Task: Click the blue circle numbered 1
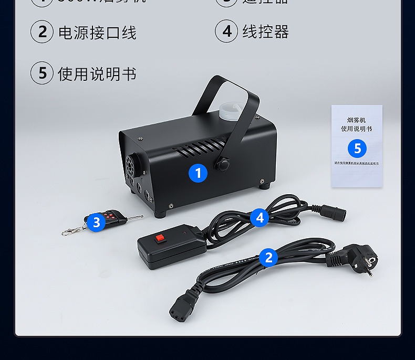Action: pyautogui.click(x=198, y=173)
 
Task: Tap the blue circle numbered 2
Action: pyautogui.click(x=268, y=257)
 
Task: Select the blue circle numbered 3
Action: pyautogui.click(x=96, y=222)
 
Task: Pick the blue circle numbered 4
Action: pyautogui.click(x=260, y=217)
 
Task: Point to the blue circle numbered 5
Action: pyautogui.click(x=357, y=149)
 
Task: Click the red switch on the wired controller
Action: pyautogui.click(x=159, y=239)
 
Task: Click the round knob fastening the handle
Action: pyautogui.click(x=223, y=164)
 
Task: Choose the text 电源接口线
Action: pyautogui.click(x=97, y=33)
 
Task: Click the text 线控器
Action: pyautogui.click(x=265, y=32)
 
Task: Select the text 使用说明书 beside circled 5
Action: pyautogui.click(x=97, y=74)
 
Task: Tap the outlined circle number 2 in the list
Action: pyautogui.click(x=42, y=32)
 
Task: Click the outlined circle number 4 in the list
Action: pyautogui.click(x=226, y=31)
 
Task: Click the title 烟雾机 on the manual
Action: pyautogui.click(x=357, y=120)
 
